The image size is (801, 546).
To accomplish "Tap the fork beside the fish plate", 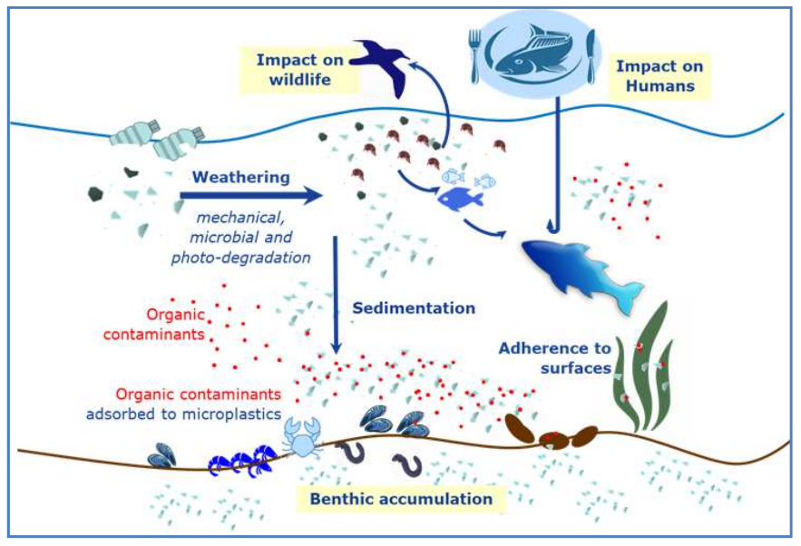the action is click(x=475, y=55).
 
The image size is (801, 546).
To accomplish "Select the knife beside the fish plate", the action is click(x=591, y=56).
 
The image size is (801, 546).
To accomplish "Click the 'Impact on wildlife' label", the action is click(x=299, y=70).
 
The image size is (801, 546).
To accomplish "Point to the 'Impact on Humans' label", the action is click(x=659, y=75).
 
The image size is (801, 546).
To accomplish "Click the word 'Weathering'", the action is click(x=241, y=177).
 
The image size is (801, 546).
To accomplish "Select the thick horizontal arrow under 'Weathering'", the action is click(x=251, y=196).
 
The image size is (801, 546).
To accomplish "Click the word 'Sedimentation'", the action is click(x=414, y=308).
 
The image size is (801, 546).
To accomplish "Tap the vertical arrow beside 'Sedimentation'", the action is click(x=336, y=295).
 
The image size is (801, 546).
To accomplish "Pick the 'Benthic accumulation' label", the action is click(x=401, y=499).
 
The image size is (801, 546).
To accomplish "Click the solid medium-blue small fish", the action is click(x=460, y=198).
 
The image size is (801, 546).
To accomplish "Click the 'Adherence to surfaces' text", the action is click(x=555, y=358).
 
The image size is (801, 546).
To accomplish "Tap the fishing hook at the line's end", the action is click(x=553, y=225).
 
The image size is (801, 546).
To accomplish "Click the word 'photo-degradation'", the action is click(x=240, y=258).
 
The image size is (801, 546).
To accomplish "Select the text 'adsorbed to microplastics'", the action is click(x=183, y=414).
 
